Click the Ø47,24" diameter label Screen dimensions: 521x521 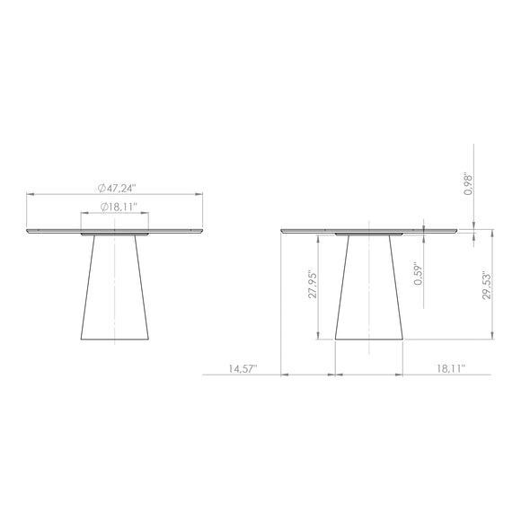pos(118,189)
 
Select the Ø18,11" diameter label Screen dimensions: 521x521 pos(119,207)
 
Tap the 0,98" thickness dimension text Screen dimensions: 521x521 pos(468,183)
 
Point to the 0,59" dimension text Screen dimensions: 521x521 pos(418,275)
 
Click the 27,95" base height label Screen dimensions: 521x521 pos(313,284)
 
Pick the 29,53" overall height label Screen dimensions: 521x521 pos(487,285)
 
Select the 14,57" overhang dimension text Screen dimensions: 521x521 pos(243,369)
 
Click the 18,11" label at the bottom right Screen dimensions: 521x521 pos(451,368)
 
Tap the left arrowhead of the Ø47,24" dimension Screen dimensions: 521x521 pos(31,194)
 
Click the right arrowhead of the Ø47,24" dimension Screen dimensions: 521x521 pos(199,194)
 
